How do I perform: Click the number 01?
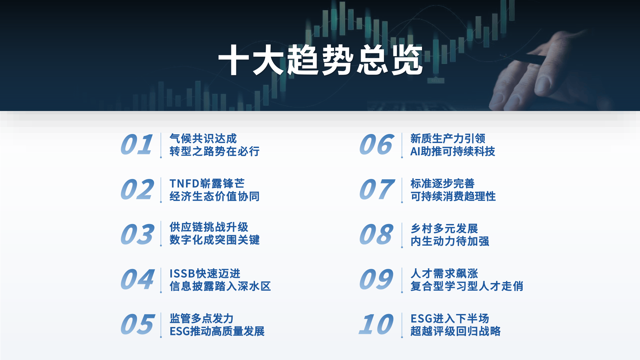137,145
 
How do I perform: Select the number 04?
137,279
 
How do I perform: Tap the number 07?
377,190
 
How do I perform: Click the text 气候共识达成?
203,138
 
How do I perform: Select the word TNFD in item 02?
184,184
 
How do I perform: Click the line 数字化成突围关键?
214,240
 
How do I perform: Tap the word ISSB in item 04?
182,274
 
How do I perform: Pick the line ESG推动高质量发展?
217,331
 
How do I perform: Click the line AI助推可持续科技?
452,152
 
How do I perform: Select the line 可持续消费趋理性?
453,197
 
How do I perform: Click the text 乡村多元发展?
444,229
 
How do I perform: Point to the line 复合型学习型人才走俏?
467,286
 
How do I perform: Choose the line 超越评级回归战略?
455,331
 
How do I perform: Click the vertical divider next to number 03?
161,233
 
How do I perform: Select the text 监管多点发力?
201,319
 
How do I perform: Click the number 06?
377,145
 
